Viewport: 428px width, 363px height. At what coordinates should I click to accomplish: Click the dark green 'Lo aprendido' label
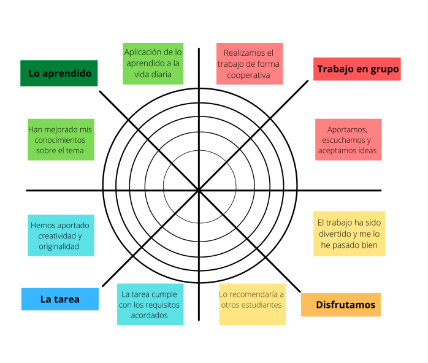pos(59,74)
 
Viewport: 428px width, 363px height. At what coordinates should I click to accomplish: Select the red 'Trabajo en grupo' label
pos(357,69)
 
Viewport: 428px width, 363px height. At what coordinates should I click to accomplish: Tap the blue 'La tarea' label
pos(59,299)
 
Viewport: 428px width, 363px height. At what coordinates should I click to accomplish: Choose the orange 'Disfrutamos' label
pos(340,305)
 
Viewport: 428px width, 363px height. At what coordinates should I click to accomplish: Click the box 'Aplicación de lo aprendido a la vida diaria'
pos(153,64)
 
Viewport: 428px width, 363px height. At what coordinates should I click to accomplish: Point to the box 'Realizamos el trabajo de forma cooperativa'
pos(249,64)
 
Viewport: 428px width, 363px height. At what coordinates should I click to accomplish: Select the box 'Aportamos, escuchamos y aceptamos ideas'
pos(348,140)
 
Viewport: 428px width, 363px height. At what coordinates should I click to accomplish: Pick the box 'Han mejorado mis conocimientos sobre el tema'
pos(61,140)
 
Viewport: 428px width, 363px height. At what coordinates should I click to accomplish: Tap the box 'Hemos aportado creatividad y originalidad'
pos(61,235)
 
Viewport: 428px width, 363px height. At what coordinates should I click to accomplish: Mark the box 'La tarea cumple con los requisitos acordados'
pos(150,305)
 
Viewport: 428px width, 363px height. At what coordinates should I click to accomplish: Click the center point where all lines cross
pos(199,191)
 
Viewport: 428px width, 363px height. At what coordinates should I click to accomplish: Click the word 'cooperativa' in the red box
pos(249,75)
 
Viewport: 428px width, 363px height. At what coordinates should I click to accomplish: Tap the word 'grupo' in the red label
pos(384,69)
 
